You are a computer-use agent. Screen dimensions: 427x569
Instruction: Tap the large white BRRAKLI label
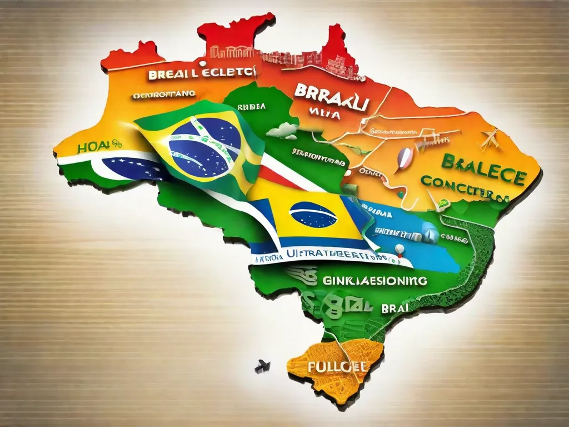click(330, 96)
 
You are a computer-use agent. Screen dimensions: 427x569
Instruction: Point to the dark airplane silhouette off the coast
click(262, 366)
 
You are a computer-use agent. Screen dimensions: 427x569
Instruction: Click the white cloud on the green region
click(283, 131)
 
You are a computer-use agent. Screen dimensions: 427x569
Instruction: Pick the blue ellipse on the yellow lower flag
click(313, 214)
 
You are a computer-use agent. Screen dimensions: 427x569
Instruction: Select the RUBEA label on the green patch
click(251, 106)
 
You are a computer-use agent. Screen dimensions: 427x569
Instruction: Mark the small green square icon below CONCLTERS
click(441, 205)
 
